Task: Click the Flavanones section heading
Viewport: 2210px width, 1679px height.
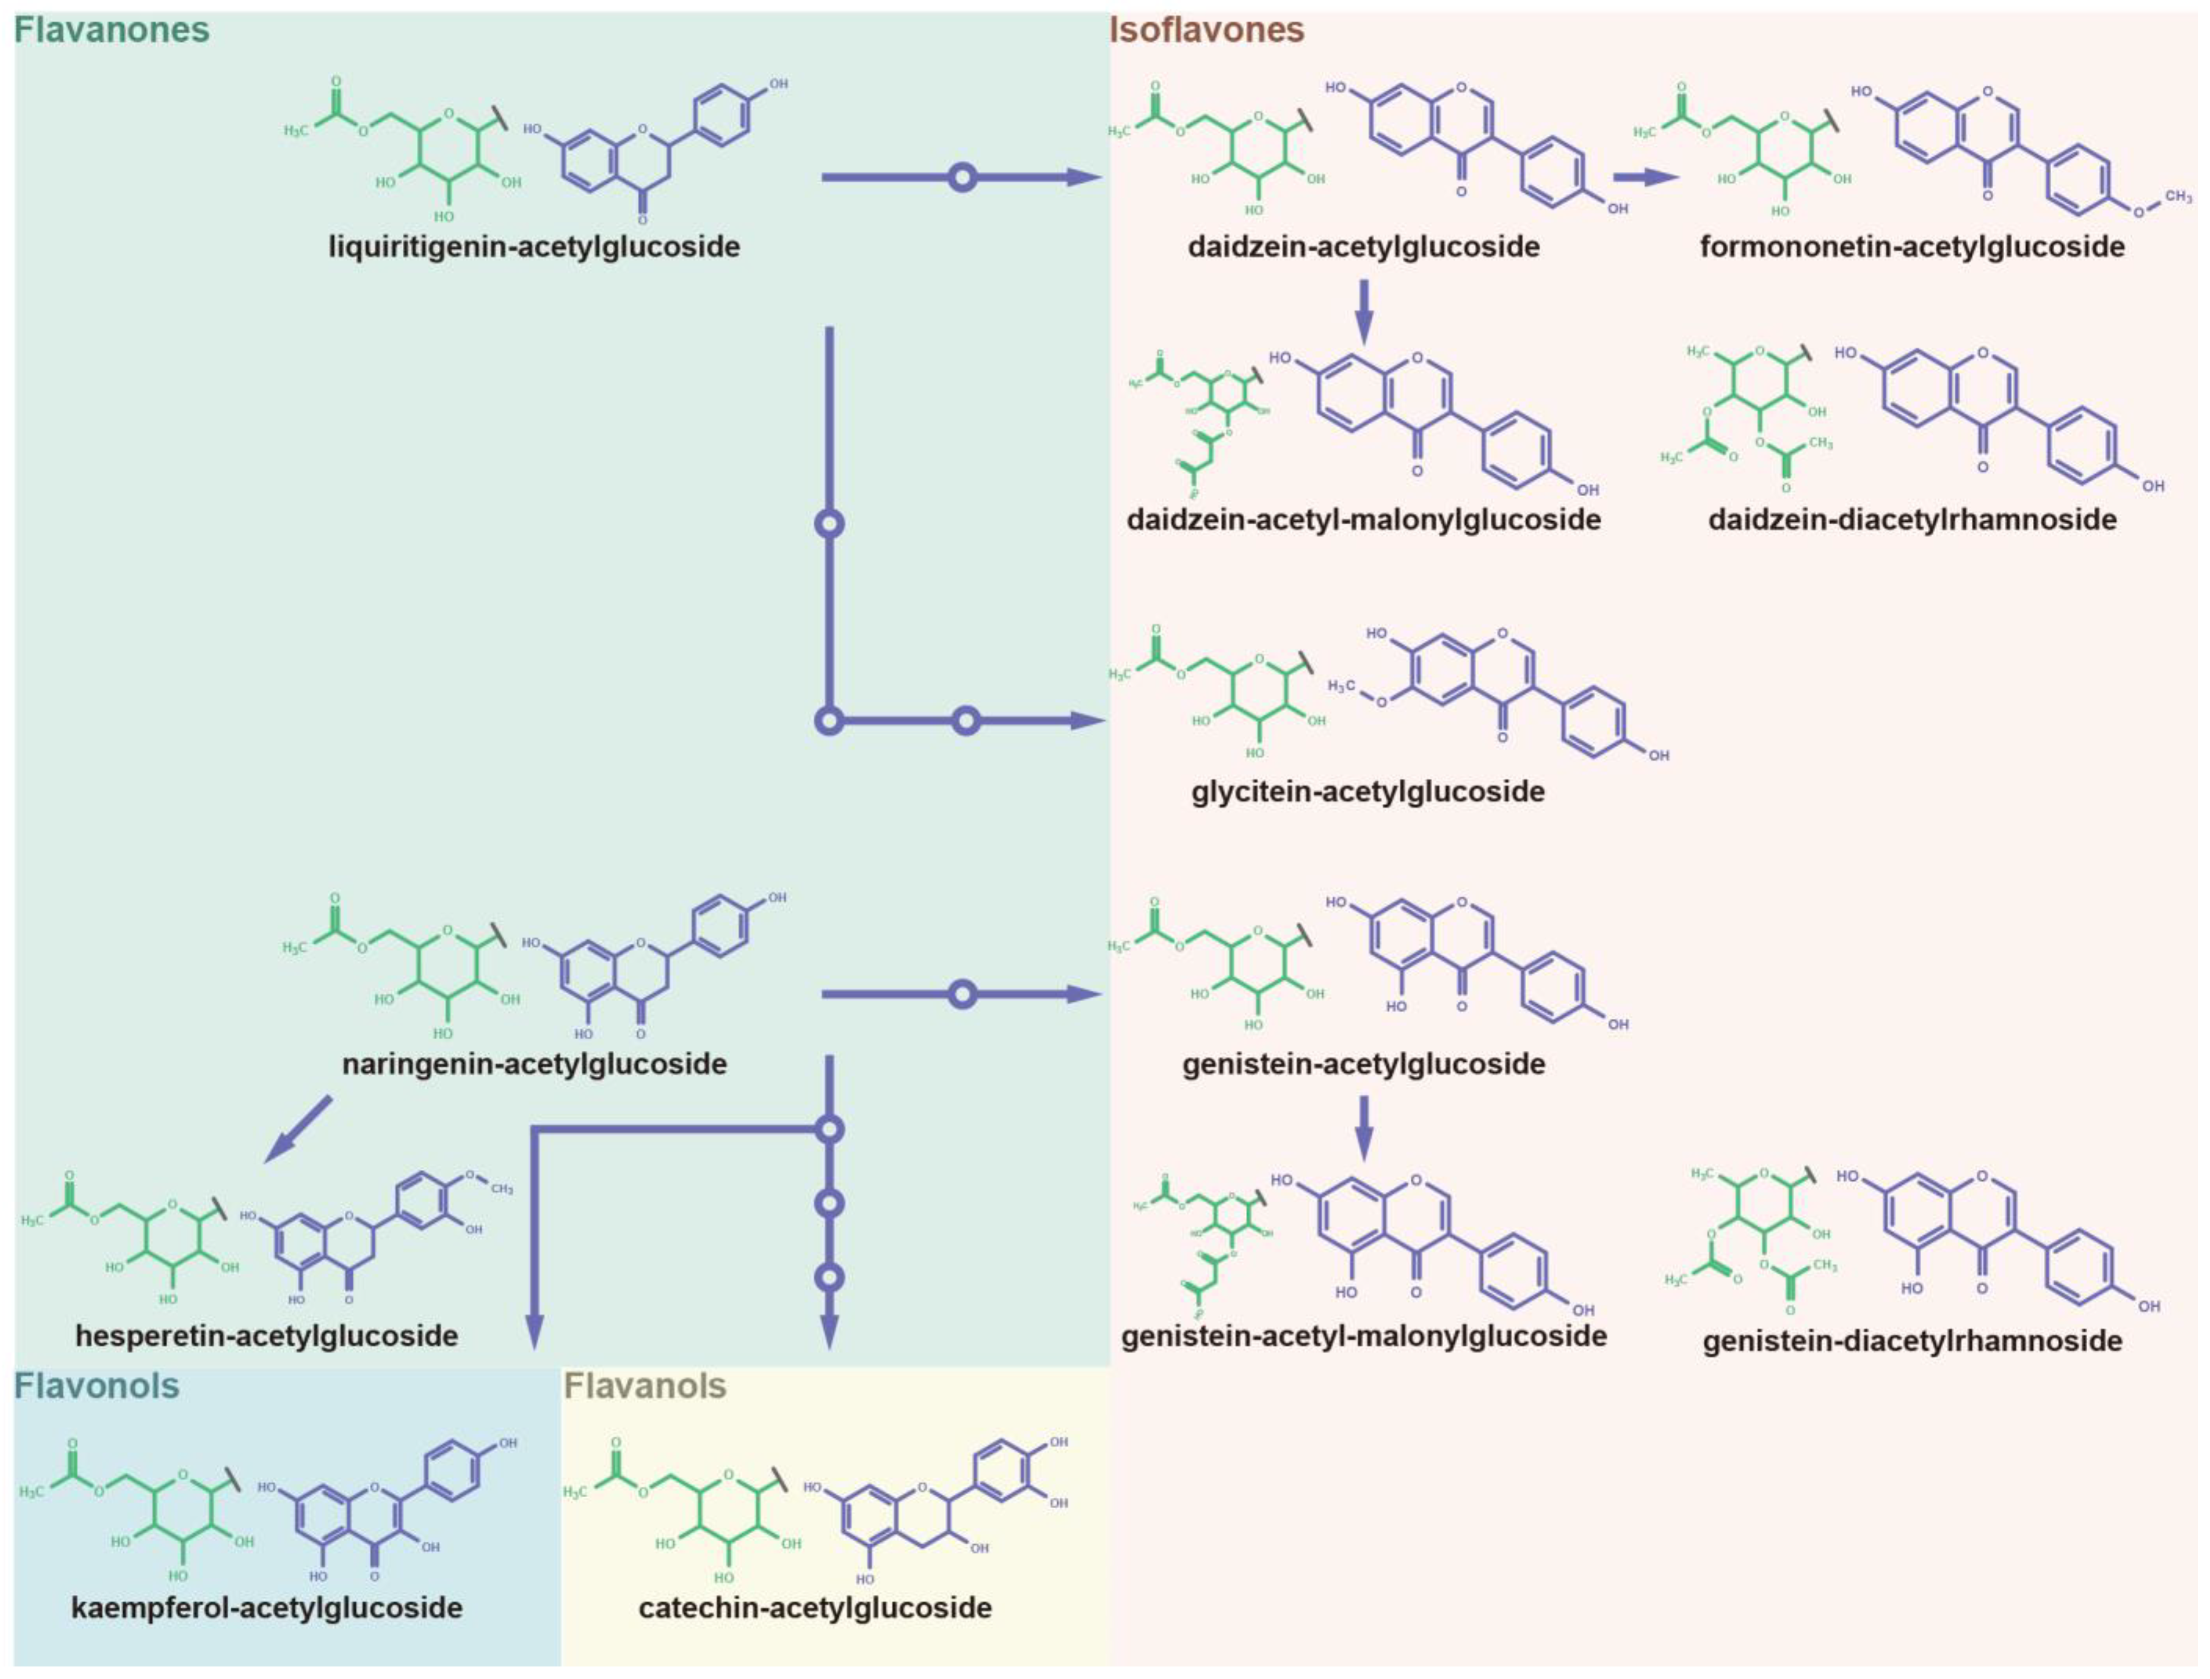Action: [112, 30]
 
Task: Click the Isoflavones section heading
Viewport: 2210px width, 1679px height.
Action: [1207, 30]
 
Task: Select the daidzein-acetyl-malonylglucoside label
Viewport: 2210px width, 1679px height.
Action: [1363, 520]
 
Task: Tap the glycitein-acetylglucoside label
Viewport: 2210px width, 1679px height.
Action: [1367, 792]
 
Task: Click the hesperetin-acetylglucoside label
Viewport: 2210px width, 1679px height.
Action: [267, 1336]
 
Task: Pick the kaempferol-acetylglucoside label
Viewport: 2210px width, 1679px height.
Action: [267, 1608]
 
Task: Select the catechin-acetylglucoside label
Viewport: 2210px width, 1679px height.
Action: [815, 1608]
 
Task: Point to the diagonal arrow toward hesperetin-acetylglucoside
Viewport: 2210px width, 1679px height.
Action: [298, 1129]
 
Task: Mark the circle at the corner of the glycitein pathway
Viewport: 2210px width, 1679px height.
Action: [829, 721]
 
